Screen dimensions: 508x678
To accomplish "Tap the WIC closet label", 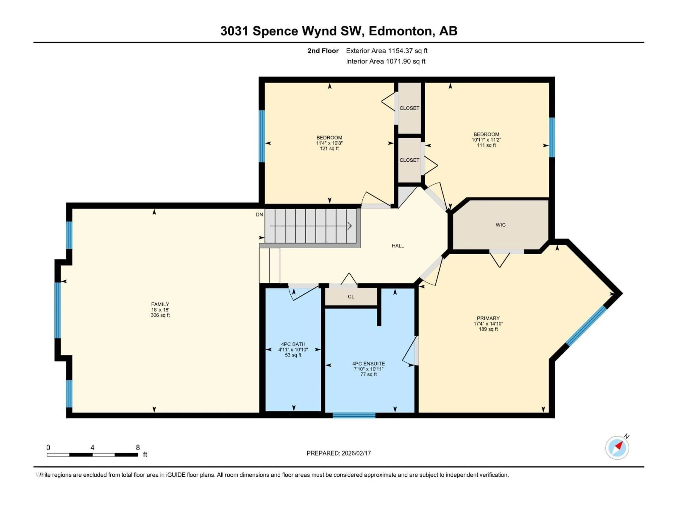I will click(x=501, y=225).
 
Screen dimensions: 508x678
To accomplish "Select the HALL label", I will click(x=398, y=246).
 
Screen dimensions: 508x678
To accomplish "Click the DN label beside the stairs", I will click(x=259, y=215).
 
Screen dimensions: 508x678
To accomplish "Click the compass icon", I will click(x=617, y=448).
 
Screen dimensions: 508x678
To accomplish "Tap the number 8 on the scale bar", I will click(x=138, y=447).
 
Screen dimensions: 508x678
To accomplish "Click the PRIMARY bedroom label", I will click(x=488, y=318).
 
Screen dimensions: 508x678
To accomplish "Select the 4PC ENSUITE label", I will click(x=368, y=364).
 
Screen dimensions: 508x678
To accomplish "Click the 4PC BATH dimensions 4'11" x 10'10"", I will click(x=293, y=350).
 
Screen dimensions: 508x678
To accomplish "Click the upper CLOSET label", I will click(x=409, y=108).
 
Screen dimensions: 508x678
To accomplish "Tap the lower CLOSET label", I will click(x=409, y=160).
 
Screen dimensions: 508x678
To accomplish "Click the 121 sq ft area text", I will click(x=329, y=149).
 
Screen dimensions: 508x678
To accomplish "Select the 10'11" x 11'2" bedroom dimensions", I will click(x=486, y=140).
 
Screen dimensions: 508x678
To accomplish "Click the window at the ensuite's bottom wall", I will click(x=354, y=416).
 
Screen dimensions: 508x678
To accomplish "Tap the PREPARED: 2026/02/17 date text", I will click(x=339, y=453).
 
